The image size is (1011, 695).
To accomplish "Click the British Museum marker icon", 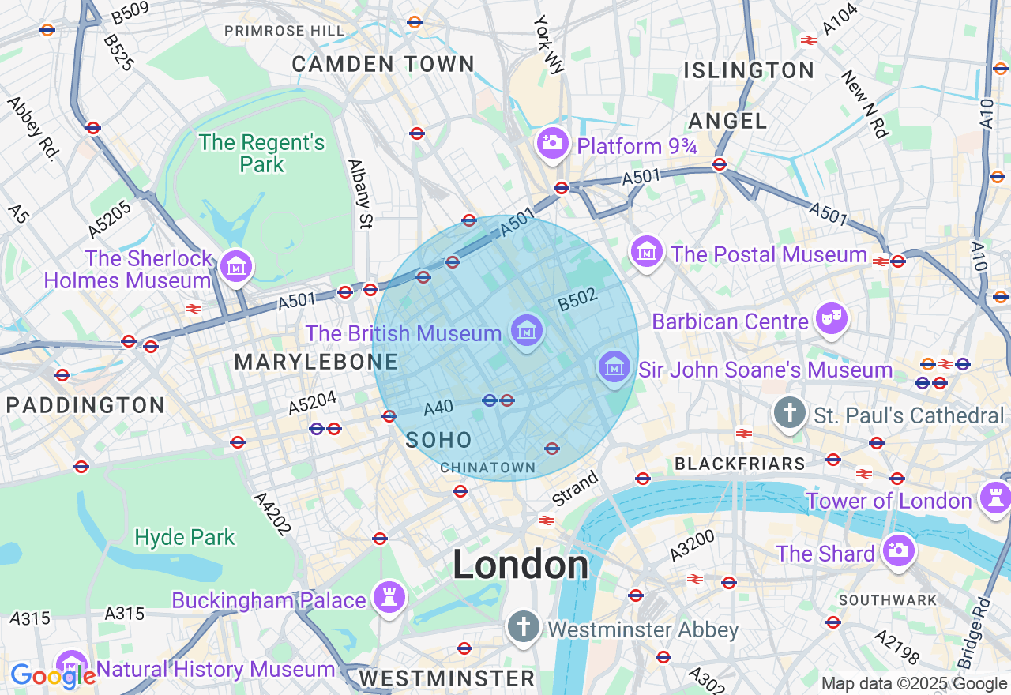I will tap(526, 330).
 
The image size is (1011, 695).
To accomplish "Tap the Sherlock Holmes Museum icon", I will tap(236, 266).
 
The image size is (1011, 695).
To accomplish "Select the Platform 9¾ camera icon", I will tap(553, 143).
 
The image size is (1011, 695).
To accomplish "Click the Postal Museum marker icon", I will tap(647, 252).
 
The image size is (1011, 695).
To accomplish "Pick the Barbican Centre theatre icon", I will tap(831, 318).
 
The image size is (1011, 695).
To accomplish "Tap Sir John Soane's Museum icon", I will tap(614, 366).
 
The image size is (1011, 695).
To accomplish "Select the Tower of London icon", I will tap(994, 498).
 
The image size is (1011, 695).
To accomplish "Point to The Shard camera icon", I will tap(898, 550).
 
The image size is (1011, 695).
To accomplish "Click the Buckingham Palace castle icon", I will tap(389, 596).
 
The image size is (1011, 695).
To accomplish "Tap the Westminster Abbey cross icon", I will tap(522, 626).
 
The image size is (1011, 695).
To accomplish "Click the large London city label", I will tap(521, 565).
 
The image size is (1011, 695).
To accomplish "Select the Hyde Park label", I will tap(185, 538).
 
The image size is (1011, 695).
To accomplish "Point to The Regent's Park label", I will tap(261, 153).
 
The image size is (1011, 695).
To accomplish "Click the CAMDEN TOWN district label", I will tap(383, 64).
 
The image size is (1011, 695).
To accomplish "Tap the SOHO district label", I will tap(438, 441).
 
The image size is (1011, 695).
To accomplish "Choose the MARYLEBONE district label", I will tap(316, 363).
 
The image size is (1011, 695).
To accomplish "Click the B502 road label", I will tap(577, 299).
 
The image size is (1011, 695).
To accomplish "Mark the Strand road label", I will tap(575, 489).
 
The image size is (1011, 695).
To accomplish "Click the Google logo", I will tap(52, 676).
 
